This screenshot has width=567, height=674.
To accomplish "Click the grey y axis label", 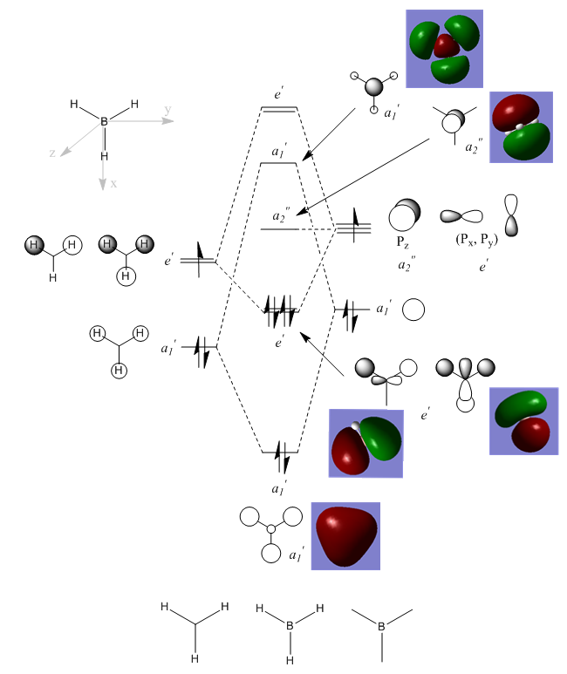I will point(167,110).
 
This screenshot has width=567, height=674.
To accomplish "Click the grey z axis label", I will point(53,153).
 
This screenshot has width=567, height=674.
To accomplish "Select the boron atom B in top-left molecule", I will point(105,122).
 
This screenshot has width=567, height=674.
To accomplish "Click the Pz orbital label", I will point(404,242).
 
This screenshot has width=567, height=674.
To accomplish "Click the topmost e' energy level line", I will point(279,109).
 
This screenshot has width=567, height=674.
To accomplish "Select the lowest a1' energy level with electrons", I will point(280,453).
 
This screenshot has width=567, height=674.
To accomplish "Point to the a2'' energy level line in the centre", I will point(280,228).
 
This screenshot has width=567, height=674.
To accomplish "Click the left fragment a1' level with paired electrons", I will point(200,347).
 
